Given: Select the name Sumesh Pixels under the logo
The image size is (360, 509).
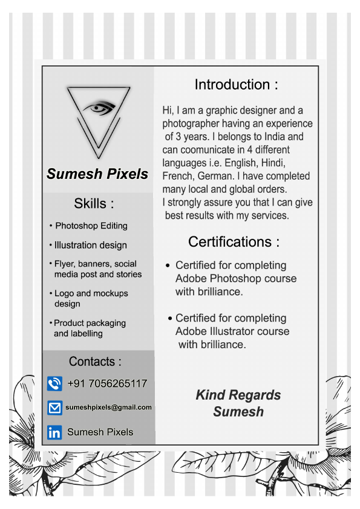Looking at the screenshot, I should tap(97, 174).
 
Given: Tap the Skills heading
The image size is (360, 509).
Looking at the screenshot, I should tap(94, 203).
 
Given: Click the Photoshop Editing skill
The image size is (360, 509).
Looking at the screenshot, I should tap(91, 225).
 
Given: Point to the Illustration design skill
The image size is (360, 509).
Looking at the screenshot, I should tap(90, 245).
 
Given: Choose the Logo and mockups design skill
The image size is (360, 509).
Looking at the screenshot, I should tap(91, 298).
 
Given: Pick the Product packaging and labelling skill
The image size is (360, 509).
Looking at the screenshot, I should tap(90, 328).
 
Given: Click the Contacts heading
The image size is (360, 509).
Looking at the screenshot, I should tap(95, 361).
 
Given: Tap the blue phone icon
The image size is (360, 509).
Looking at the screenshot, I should tap(54, 383).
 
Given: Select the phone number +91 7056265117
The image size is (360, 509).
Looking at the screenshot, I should tap(107, 383).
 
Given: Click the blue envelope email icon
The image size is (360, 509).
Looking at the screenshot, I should tap(54, 407).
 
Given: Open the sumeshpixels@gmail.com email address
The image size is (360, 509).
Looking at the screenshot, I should tap(108, 407).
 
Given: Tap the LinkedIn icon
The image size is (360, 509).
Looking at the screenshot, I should tap(54, 432).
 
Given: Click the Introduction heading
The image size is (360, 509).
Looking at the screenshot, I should tap(236, 85).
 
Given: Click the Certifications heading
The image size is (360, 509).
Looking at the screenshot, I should tap(234, 242).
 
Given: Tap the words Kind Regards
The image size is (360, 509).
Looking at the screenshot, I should tap(238, 395).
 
